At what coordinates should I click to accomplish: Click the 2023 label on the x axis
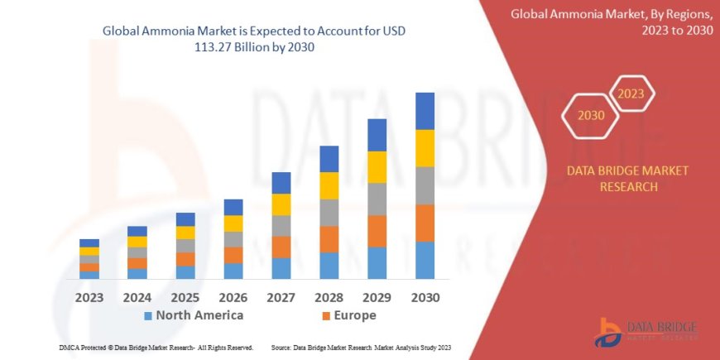click(x=89, y=296)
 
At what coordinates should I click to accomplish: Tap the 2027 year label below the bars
click(x=281, y=296)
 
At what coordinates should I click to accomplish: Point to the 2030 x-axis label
click(x=425, y=296)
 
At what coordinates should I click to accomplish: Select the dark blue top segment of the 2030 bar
click(x=425, y=111)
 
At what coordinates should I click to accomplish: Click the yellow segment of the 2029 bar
click(x=377, y=167)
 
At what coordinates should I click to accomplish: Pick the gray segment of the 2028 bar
click(x=329, y=213)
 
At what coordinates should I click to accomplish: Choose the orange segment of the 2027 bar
click(x=281, y=247)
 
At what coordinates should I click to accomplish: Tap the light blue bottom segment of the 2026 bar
click(x=233, y=271)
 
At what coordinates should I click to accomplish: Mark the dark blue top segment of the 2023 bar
click(x=89, y=243)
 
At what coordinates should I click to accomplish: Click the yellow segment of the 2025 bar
click(x=185, y=233)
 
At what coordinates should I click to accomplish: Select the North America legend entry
click(x=194, y=315)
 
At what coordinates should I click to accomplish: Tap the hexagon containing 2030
click(x=590, y=116)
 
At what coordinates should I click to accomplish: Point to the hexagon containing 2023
click(x=631, y=94)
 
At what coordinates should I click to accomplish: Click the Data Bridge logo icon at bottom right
click(x=610, y=332)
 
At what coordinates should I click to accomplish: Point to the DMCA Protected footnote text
click(x=156, y=348)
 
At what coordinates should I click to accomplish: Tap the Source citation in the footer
click(x=361, y=348)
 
